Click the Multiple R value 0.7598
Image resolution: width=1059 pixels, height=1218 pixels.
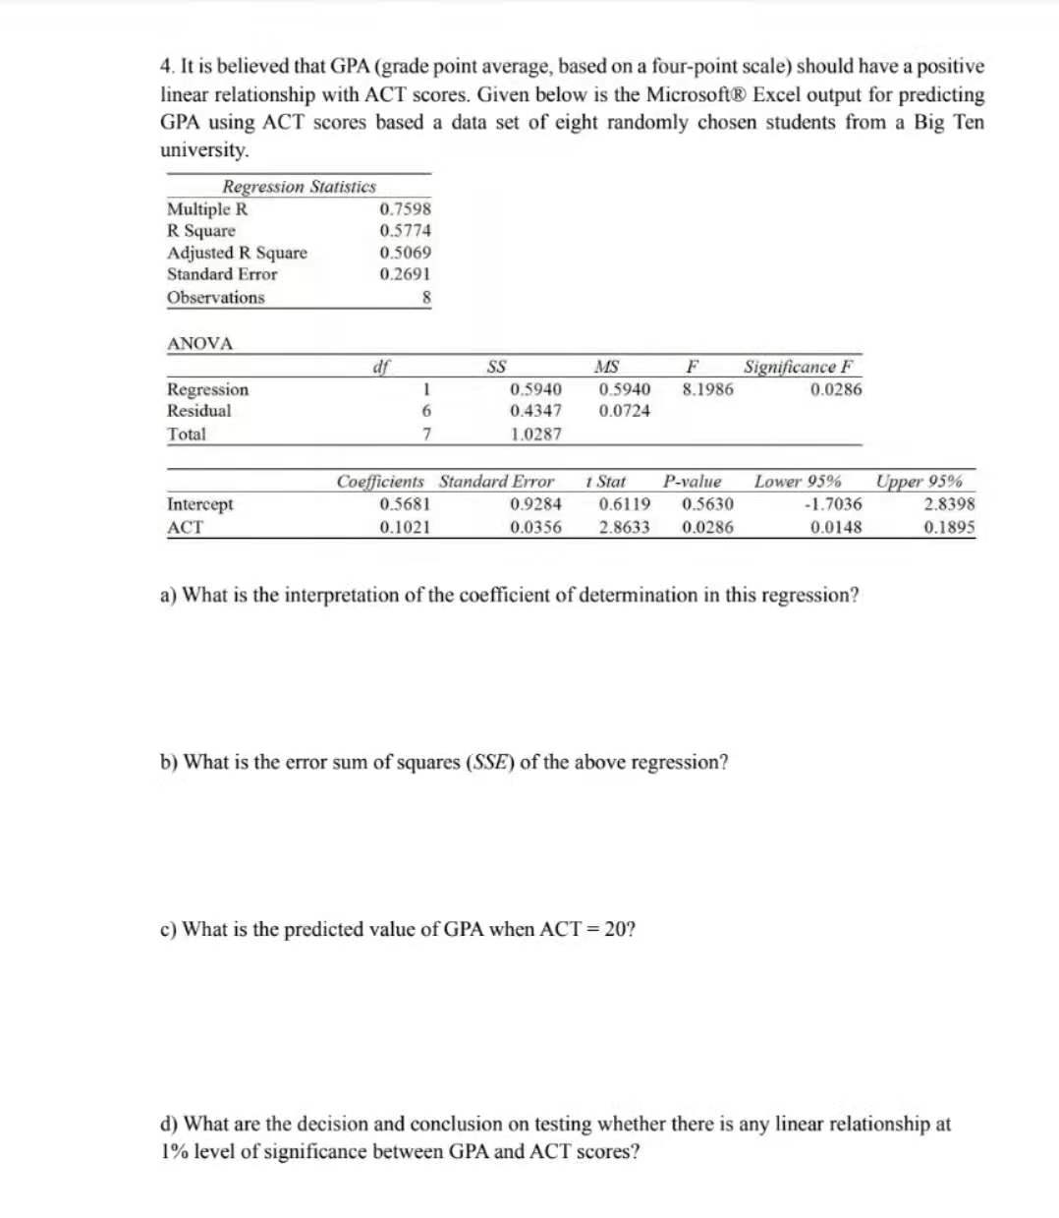click(405, 209)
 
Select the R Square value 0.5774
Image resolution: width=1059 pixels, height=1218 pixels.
click(405, 231)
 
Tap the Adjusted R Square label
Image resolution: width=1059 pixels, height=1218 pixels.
click(237, 253)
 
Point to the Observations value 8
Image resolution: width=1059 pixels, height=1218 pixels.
click(425, 298)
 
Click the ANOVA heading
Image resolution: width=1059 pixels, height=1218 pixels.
click(200, 344)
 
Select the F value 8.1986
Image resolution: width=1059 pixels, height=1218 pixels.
click(706, 389)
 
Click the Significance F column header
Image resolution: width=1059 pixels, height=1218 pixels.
click(799, 368)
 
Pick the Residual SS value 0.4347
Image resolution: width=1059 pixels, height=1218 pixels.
click(535, 411)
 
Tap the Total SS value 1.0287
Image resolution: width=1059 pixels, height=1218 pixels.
click(535, 434)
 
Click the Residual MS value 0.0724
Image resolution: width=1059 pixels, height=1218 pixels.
click(623, 411)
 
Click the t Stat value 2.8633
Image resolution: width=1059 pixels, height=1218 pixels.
click(623, 527)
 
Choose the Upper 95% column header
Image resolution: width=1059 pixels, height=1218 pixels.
click(920, 482)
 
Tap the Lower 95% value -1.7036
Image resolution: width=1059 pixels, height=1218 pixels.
click(832, 504)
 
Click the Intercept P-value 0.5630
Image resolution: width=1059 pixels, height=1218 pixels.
click(706, 504)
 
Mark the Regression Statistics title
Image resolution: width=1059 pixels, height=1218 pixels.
click(299, 187)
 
